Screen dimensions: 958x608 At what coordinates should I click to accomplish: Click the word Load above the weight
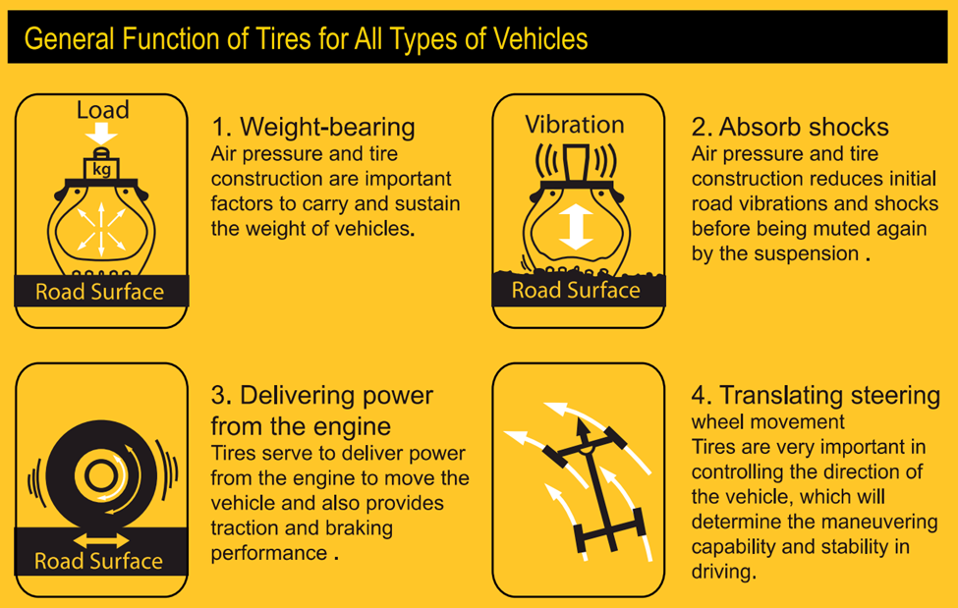tap(102, 110)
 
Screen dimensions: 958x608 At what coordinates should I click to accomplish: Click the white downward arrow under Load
tap(101, 133)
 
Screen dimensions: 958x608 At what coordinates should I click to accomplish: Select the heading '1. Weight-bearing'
tap(312, 127)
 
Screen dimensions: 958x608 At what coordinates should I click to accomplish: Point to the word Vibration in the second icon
tap(575, 125)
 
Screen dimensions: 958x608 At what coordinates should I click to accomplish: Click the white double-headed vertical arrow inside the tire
tap(576, 227)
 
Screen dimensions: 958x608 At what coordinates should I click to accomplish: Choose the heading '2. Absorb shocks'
tap(789, 127)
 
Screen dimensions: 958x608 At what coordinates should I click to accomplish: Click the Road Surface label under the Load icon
tap(99, 292)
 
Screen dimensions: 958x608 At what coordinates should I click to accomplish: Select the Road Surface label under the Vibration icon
tap(576, 291)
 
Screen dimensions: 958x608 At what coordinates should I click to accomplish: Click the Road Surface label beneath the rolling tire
tap(98, 561)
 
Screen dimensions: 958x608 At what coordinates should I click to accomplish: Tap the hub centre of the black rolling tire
tap(101, 475)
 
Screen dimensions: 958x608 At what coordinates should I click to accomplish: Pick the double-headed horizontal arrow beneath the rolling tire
tap(101, 541)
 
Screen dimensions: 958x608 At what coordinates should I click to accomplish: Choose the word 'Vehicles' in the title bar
tap(540, 39)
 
